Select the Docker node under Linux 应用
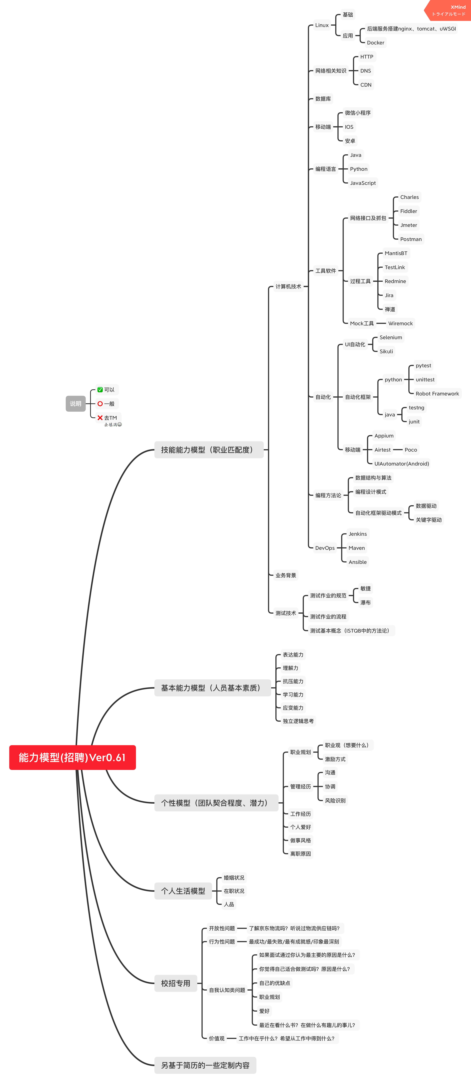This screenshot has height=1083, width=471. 375,42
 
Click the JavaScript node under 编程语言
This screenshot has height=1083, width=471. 362,183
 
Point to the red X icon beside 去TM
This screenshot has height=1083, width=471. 100,417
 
